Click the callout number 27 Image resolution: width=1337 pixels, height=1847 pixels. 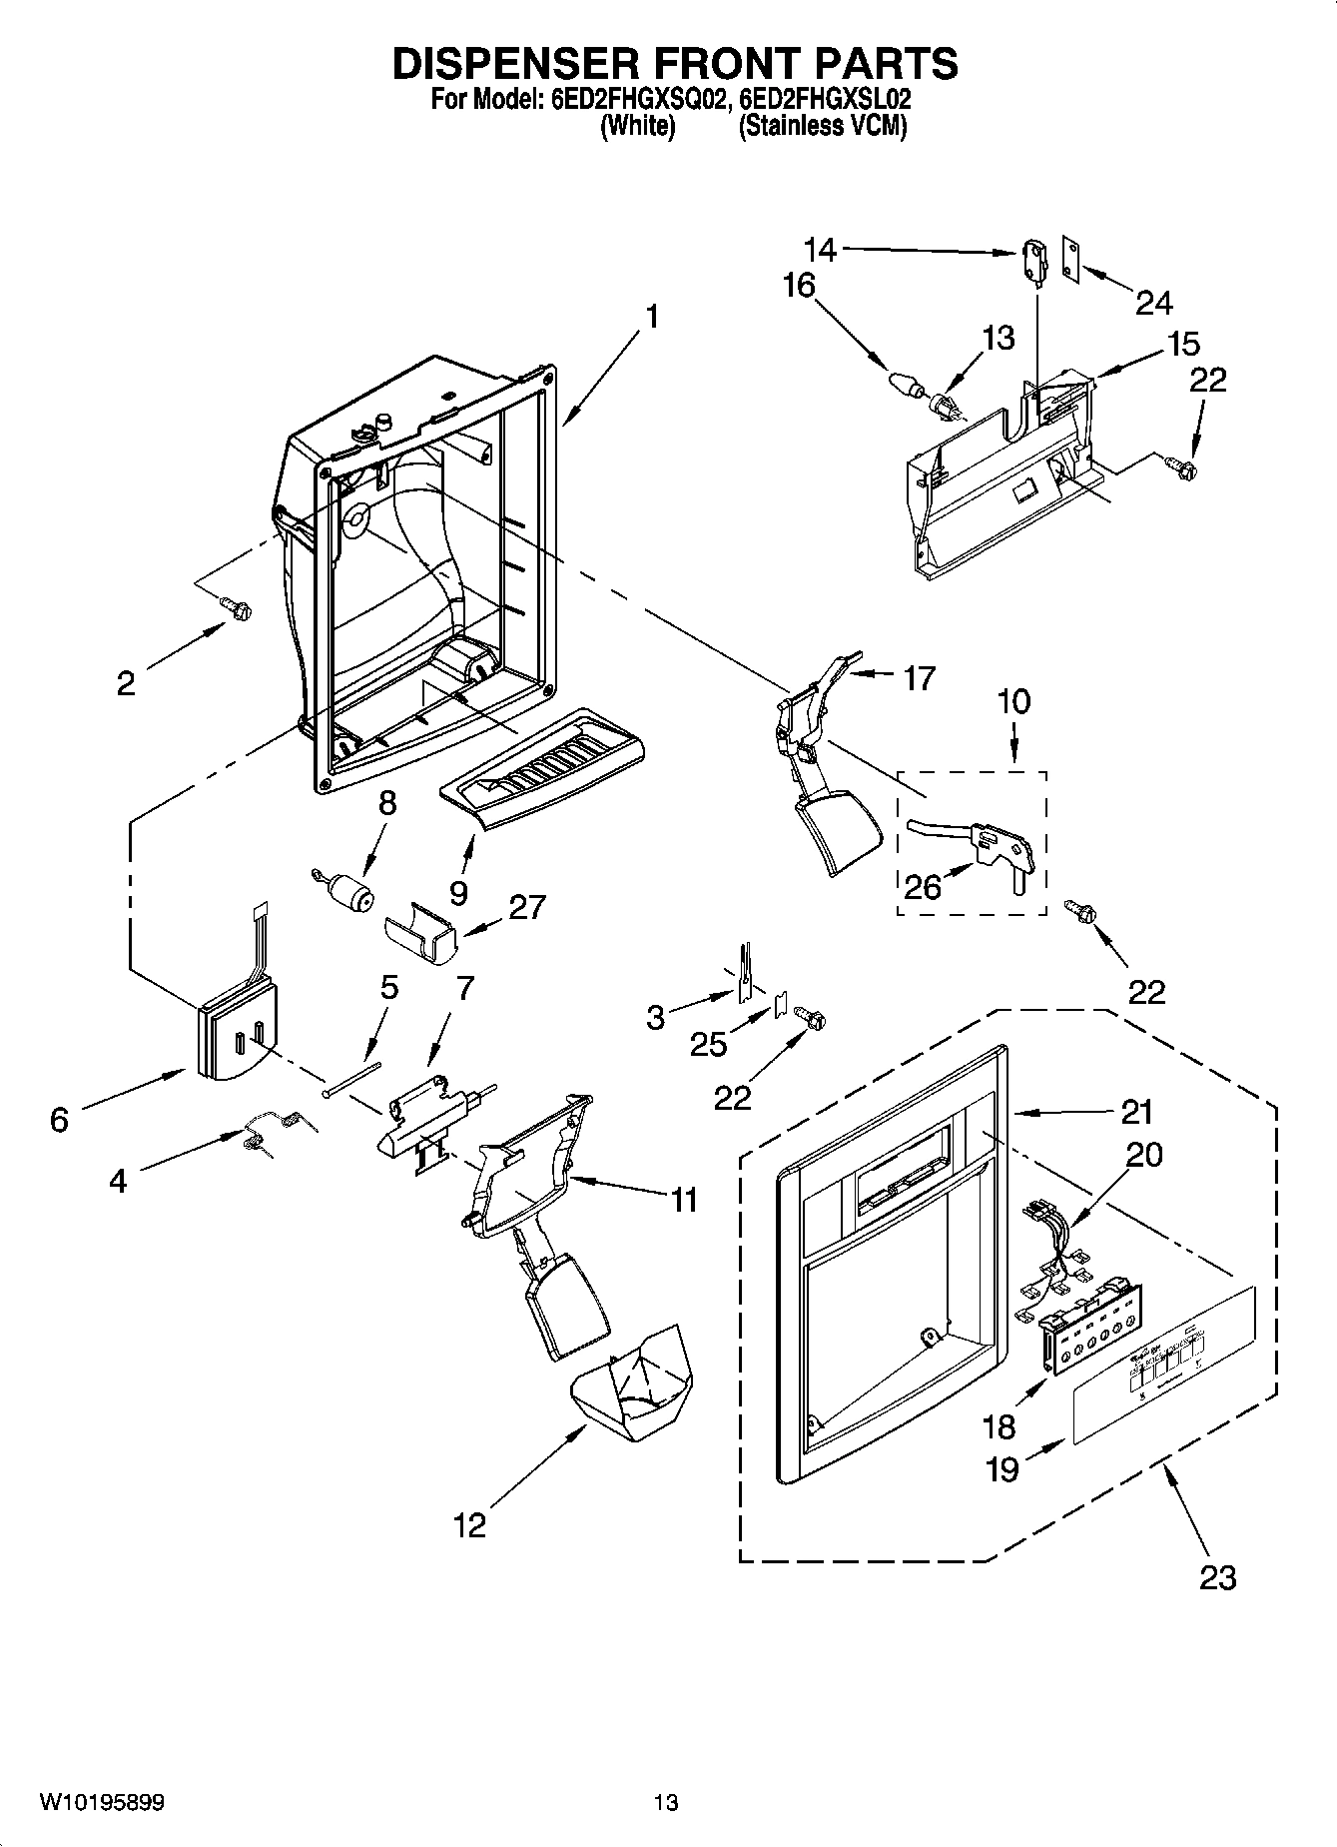coord(526,906)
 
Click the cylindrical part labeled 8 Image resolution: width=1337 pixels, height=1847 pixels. coord(344,889)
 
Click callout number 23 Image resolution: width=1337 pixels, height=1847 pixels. coord(1218,1577)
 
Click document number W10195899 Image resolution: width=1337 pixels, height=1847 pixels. coord(102,1803)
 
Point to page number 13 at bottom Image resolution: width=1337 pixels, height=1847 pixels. coord(666,1803)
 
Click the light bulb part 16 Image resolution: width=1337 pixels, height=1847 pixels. coord(905,383)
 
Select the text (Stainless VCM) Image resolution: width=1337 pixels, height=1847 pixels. coord(822,127)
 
